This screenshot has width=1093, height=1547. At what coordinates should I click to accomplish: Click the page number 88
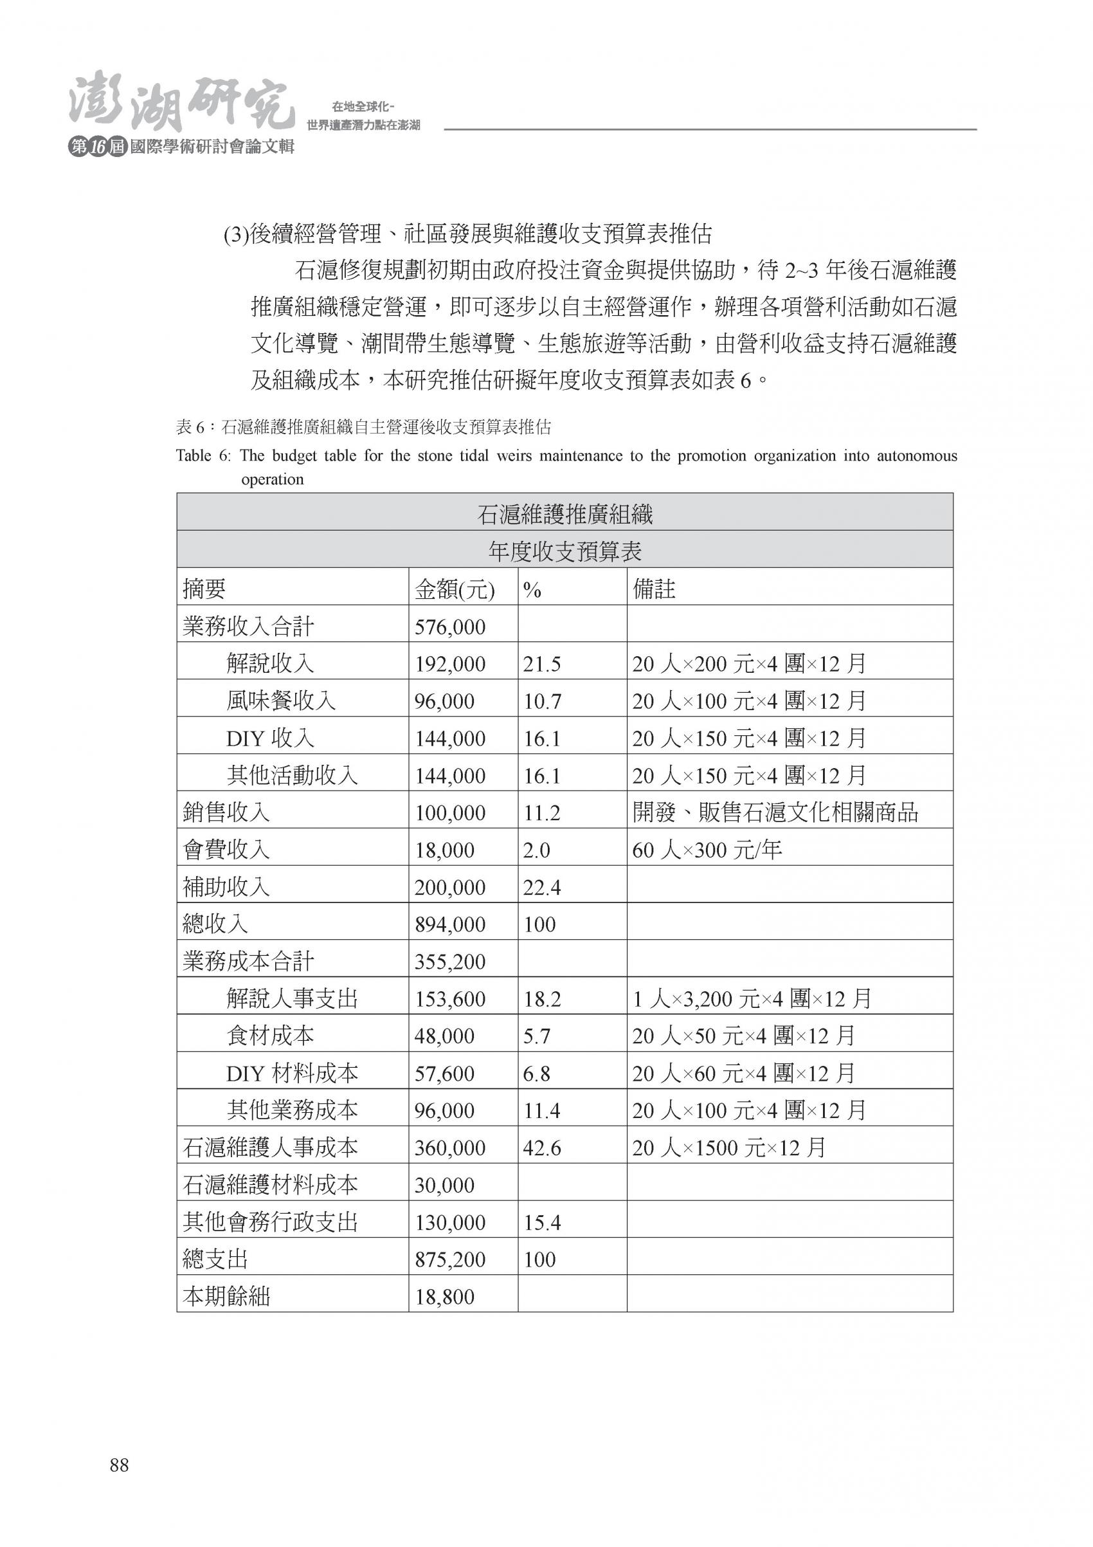pos(119,1465)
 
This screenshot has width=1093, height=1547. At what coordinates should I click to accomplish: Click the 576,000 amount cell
pos(450,627)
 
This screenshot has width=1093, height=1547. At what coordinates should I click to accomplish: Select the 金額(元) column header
pos(455,590)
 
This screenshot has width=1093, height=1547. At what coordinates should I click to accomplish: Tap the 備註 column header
pos(653,590)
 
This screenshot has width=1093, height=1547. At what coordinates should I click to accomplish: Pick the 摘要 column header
pos(204,590)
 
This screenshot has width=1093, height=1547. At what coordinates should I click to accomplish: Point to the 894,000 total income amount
pos(450,924)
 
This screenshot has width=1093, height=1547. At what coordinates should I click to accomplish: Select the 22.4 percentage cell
pos(541,888)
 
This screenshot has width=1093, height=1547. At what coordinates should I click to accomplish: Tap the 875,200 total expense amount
pos(450,1259)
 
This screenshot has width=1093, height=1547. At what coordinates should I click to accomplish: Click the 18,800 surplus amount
pos(444,1296)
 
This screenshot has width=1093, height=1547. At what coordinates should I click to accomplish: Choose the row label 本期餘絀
pos(226,1296)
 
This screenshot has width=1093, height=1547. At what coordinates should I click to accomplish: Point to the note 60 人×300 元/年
pos(707,850)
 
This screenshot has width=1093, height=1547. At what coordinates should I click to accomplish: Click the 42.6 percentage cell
pos(541,1148)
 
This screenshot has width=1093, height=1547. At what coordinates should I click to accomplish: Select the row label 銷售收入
pos(226,812)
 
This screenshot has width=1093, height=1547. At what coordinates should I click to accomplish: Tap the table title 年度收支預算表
pos(565,552)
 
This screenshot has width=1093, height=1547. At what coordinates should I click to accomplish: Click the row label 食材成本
pos(270,1036)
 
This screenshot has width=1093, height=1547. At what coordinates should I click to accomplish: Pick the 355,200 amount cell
pos(450,962)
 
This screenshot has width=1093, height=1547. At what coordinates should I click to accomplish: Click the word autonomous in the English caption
pos(917,455)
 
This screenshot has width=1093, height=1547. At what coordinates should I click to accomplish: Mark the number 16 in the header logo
pos(98,147)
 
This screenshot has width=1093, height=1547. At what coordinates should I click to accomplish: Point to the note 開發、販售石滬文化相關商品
pos(775,812)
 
